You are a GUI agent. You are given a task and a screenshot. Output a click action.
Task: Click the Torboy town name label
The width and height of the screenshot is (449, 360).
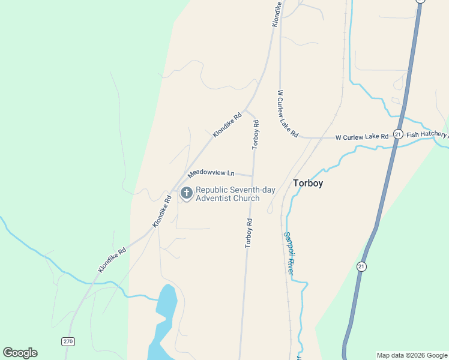tap(308, 183)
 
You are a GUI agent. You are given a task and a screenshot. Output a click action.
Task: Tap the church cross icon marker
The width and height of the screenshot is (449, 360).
tap(187, 193)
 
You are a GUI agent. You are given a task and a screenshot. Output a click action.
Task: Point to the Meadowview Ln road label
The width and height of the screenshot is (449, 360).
tap(211, 173)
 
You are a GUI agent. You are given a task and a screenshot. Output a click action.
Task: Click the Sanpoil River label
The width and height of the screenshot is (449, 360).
tap(289, 253)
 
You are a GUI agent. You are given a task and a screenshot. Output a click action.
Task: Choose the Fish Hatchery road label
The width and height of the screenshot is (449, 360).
tap(427, 135)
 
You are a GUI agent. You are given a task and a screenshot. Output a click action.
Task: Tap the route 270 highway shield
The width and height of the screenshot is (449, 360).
tap(68, 341)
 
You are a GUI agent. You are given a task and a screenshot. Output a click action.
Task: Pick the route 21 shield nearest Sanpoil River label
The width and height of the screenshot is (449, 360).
tap(361, 266)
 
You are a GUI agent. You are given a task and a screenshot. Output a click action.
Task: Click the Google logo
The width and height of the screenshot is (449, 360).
tap(20, 353)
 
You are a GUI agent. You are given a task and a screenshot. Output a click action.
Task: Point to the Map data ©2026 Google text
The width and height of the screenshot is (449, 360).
tap(412, 355)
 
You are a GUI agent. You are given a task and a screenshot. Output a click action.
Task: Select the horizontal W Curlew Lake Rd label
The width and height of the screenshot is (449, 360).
tap(361, 137)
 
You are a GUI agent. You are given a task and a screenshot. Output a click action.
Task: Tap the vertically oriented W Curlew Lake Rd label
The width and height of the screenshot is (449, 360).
tap(288, 114)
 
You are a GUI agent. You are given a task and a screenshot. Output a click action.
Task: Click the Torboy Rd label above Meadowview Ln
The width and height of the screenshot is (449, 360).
tap(256, 134)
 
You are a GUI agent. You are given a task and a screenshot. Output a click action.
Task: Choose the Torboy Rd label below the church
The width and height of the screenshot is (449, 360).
tap(249, 233)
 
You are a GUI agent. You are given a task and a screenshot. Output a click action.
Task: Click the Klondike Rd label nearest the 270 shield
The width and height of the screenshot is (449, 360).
tap(113, 259)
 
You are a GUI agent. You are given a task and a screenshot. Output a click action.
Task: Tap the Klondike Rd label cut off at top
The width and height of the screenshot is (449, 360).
tap(277, 12)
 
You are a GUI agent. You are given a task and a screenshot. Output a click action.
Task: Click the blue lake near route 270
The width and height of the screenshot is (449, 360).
tap(163, 321)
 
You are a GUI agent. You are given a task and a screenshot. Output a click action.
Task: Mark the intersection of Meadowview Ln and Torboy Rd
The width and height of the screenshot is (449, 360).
tap(252, 176)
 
